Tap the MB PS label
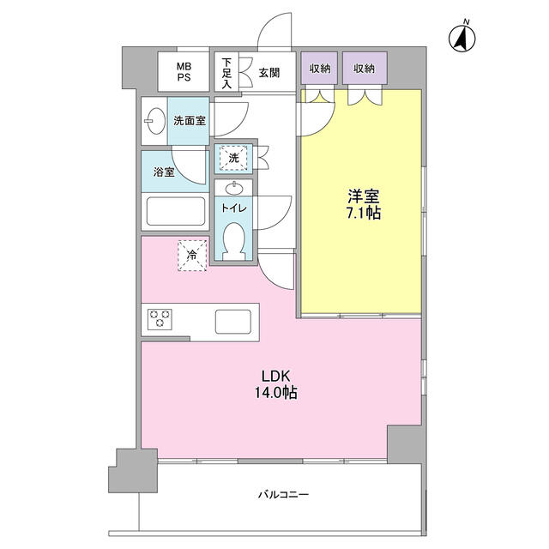(184, 72)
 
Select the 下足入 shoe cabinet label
(226, 73)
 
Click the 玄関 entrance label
(270, 72)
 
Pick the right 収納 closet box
(364, 68)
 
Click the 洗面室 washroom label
(189, 121)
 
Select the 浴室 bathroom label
(164, 172)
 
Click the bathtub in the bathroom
(175, 211)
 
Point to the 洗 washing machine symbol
(232, 157)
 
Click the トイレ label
(234, 207)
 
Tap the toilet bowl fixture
(234, 239)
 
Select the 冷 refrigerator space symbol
(192, 253)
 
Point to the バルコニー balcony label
(281, 495)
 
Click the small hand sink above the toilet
(234, 188)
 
